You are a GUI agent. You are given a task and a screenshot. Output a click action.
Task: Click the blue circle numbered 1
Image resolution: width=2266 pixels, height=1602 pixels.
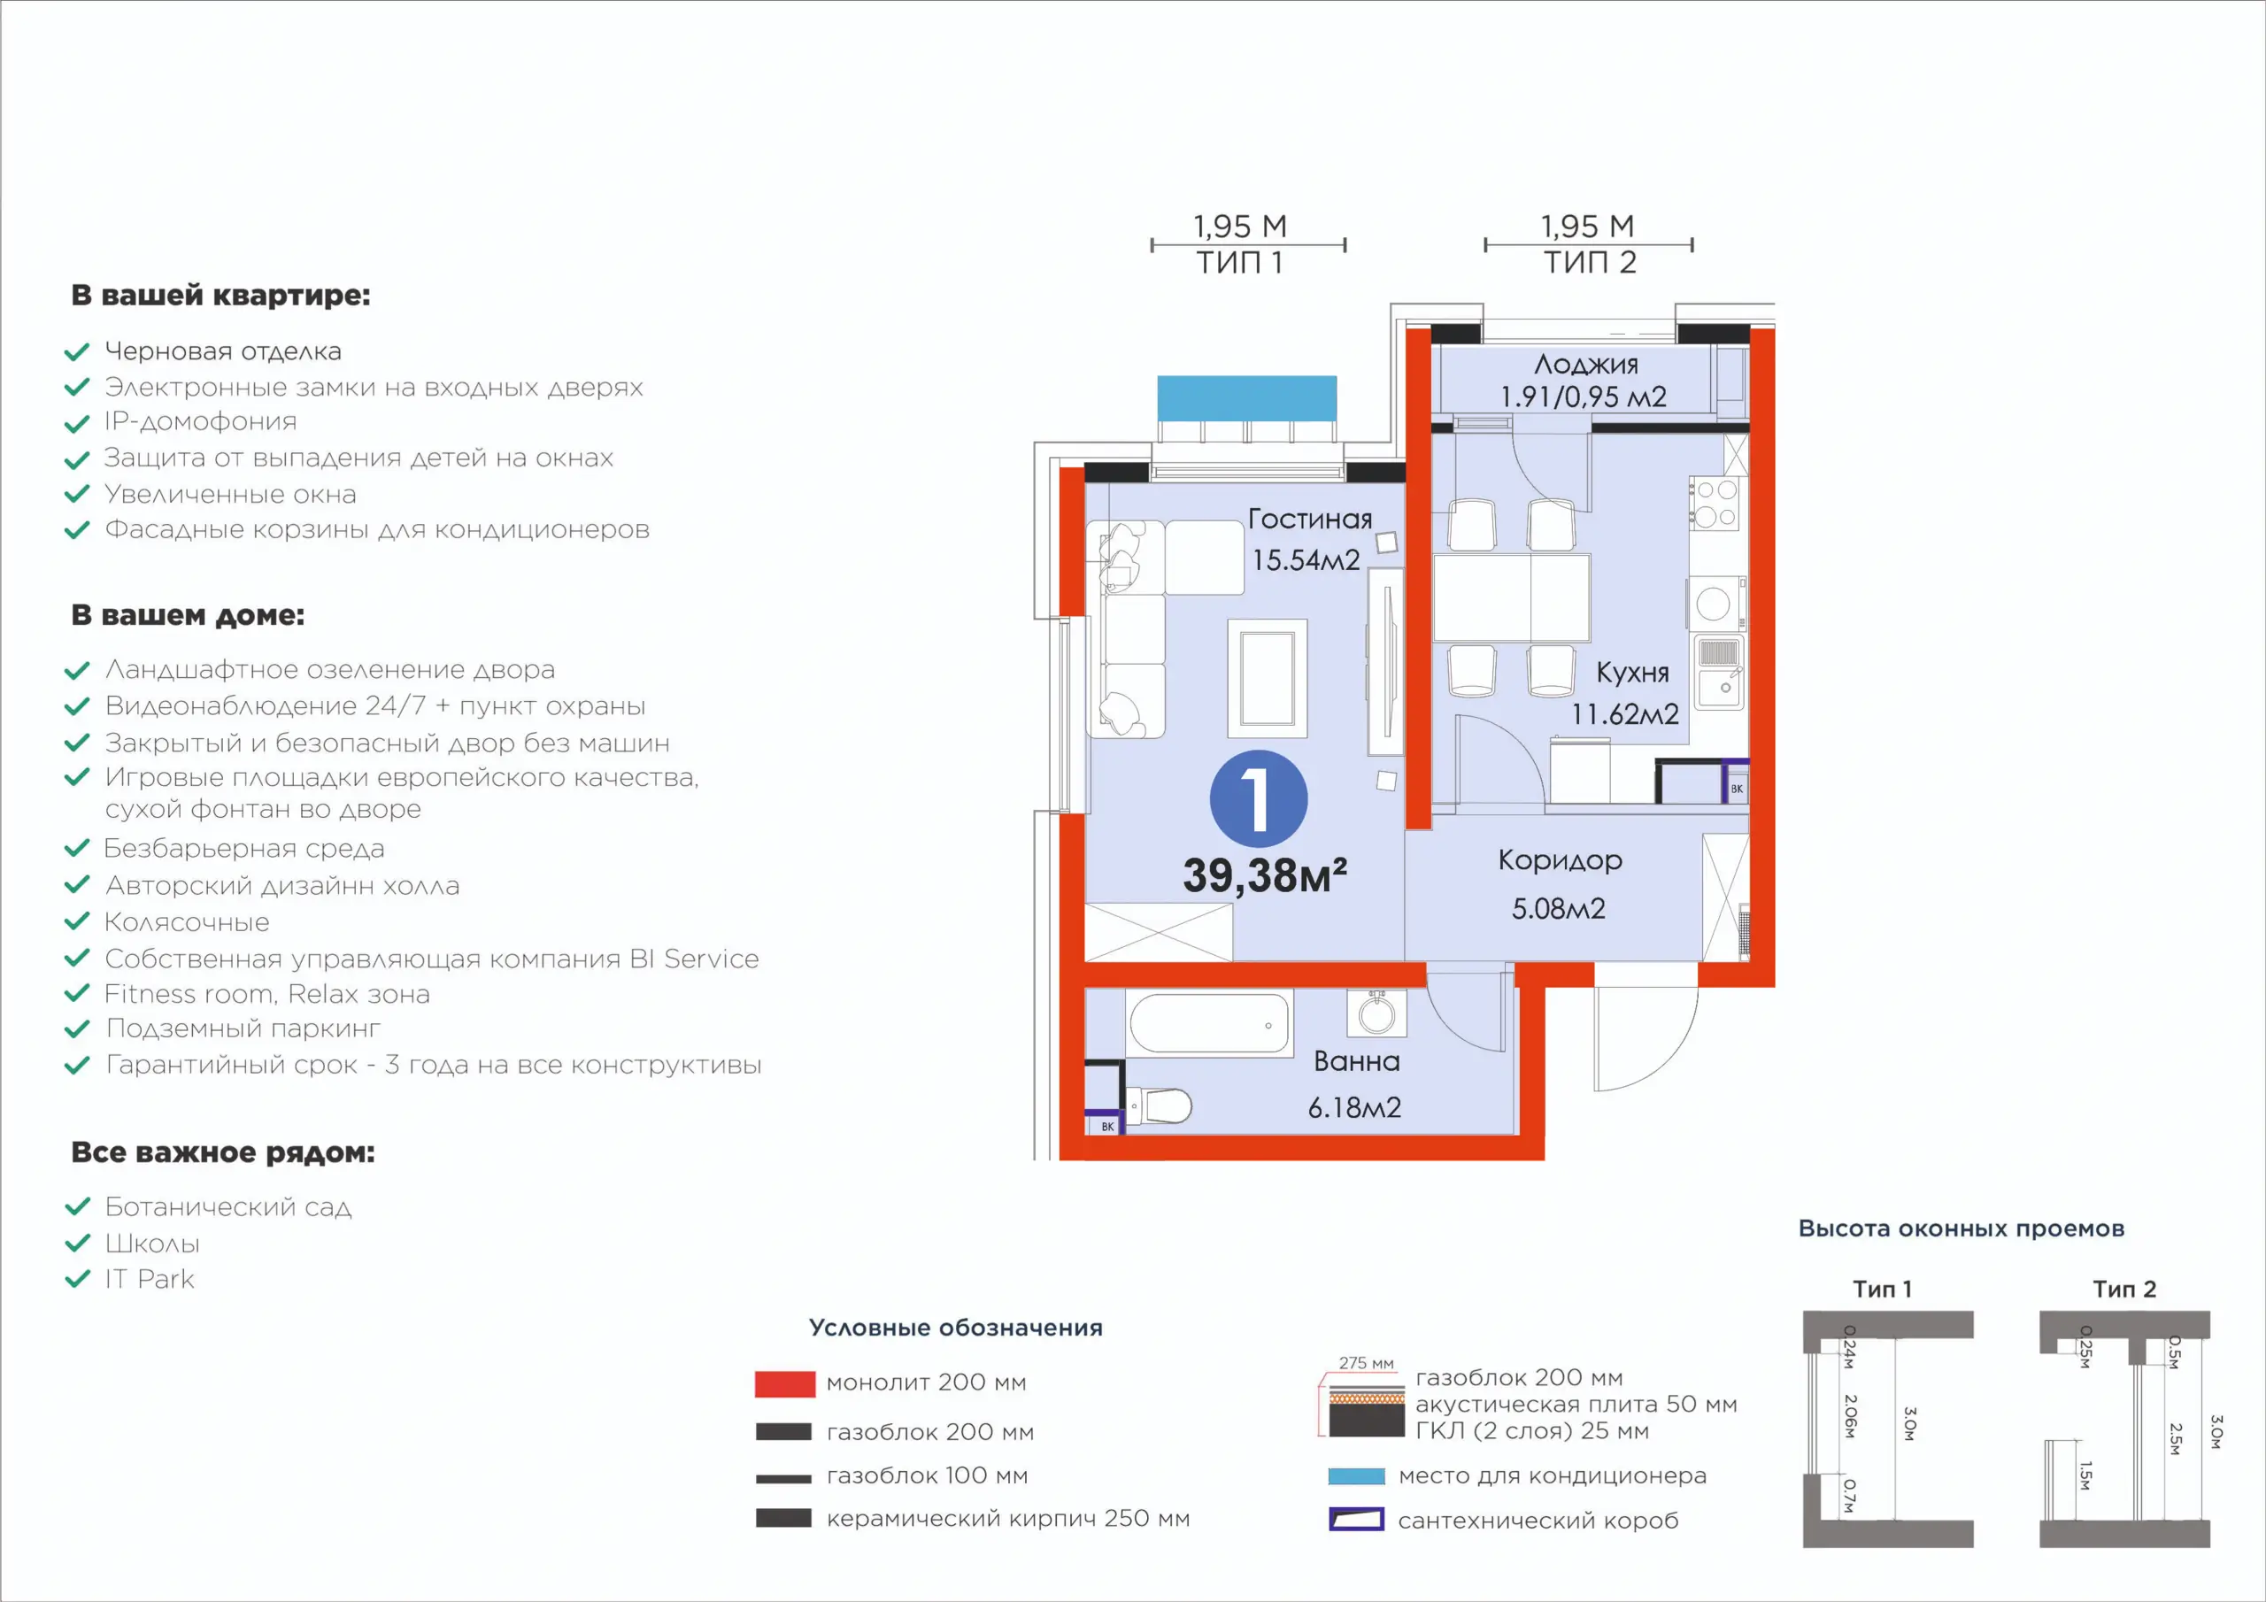[x=1259, y=798]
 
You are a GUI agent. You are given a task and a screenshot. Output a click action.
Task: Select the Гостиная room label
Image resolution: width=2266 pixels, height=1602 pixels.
[x=1310, y=520]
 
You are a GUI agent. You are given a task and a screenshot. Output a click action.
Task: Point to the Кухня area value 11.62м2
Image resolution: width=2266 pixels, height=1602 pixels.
[x=1624, y=713]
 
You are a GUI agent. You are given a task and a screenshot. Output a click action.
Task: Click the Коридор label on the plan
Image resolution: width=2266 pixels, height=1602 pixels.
[x=1560, y=860]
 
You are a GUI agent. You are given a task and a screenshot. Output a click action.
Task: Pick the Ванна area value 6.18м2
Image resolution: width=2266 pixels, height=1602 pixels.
[x=1354, y=1107]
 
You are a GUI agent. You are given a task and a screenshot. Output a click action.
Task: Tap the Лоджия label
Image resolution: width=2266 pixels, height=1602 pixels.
[x=1586, y=366]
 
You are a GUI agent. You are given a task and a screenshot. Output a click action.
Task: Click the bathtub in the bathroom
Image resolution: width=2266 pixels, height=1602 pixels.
[x=1209, y=1023]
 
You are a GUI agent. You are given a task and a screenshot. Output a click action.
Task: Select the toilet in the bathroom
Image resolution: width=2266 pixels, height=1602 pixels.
[x=1160, y=1105]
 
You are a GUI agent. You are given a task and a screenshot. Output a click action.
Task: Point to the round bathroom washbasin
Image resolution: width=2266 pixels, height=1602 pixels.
[x=1376, y=1013]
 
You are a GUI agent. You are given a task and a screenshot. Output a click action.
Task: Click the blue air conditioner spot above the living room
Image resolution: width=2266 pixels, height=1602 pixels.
[x=1246, y=397]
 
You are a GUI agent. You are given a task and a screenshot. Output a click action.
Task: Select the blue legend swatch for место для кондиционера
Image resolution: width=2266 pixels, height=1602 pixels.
[x=1356, y=1476]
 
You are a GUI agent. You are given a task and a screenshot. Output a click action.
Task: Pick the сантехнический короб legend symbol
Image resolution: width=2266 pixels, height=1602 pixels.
[x=1356, y=1519]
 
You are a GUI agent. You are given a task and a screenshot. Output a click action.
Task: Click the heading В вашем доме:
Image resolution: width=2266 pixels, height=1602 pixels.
[x=188, y=615]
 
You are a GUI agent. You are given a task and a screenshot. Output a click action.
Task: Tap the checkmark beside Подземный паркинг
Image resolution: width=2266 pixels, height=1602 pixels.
[x=77, y=1029]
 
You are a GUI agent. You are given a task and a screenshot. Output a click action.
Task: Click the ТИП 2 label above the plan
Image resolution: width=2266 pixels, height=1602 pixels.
[x=1590, y=263]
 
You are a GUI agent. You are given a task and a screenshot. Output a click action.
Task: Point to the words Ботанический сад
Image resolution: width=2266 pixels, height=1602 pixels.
[x=228, y=1206]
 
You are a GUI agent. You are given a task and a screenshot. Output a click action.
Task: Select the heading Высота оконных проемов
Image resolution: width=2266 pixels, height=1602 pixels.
[x=1961, y=1228]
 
